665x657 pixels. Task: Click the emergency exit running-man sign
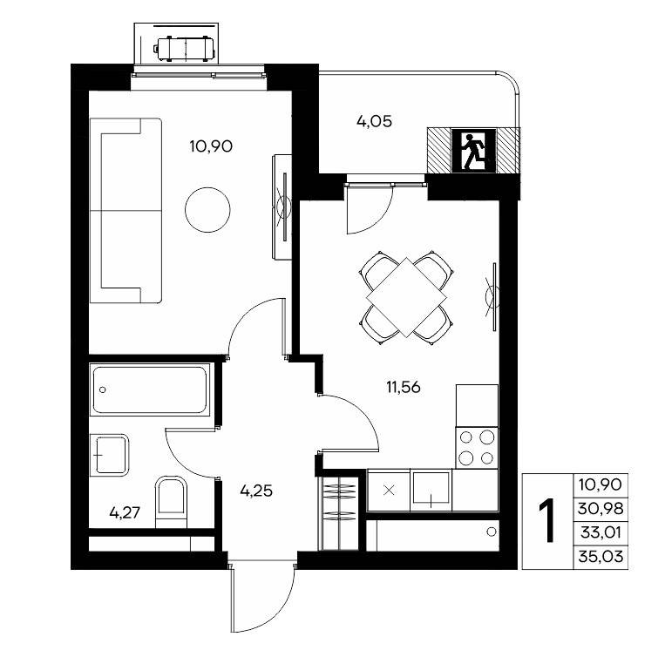[x=474, y=151]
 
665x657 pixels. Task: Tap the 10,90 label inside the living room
[x=211, y=146]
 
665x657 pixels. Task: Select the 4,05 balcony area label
[x=374, y=122]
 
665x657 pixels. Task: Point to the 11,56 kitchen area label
[x=403, y=387]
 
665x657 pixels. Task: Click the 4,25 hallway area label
[x=256, y=491]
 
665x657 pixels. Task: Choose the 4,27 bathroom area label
[x=125, y=513]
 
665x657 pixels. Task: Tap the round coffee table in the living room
[x=207, y=210]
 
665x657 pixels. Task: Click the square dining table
[x=407, y=297]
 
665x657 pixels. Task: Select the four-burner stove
[x=477, y=448]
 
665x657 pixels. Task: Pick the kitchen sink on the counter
[x=431, y=490]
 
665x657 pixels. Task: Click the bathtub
[x=150, y=390]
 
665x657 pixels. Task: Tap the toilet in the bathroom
[x=172, y=502]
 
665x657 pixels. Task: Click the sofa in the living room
[x=126, y=211]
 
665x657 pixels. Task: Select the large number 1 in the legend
[x=547, y=521]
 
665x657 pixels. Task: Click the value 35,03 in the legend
[x=601, y=556]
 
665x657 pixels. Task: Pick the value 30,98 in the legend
[x=601, y=508]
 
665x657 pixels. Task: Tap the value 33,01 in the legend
[x=601, y=532]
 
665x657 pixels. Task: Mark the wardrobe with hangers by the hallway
[x=339, y=513]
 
